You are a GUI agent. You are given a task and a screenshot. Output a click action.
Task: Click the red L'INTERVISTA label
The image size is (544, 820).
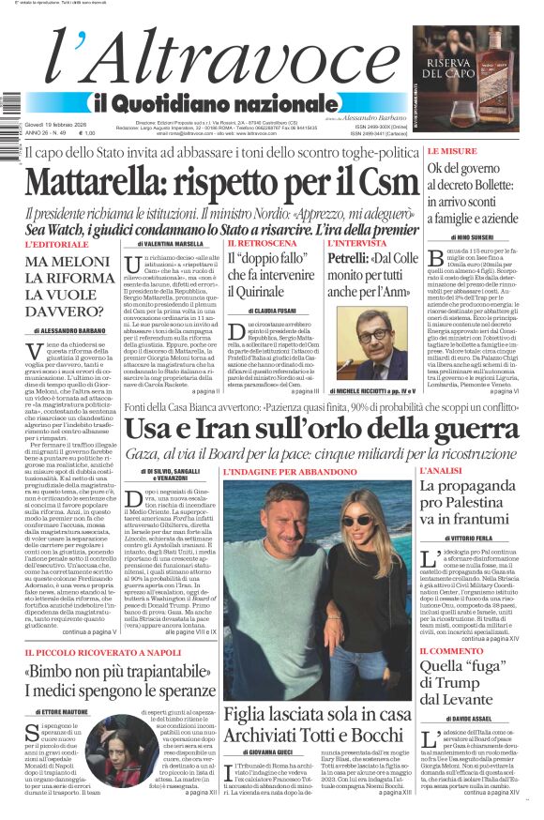[x=351, y=244]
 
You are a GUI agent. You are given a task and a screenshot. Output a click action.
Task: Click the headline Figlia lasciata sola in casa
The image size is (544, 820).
[x=318, y=714]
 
